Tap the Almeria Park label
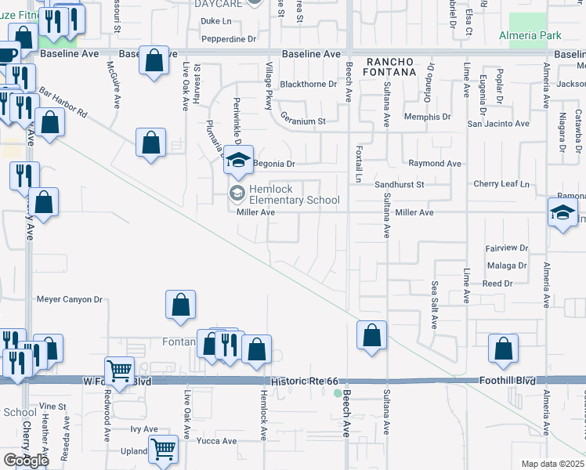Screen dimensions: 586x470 click(x=530, y=36)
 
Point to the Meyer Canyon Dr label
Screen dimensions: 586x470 click(x=70, y=299)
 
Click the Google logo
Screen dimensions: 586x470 click(x=25, y=461)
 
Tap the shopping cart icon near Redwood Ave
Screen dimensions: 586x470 click(x=119, y=371)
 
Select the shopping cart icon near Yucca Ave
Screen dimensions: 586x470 click(x=163, y=449)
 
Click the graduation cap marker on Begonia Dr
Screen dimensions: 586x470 click(x=239, y=161)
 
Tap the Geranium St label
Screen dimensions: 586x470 click(x=302, y=121)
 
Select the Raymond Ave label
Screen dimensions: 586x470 click(x=435, y=164)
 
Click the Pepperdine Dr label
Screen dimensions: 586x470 click(x=229, y=38)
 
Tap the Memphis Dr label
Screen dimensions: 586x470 click(x=428, y=117)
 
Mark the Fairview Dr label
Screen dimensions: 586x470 click(x=508, y=248)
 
